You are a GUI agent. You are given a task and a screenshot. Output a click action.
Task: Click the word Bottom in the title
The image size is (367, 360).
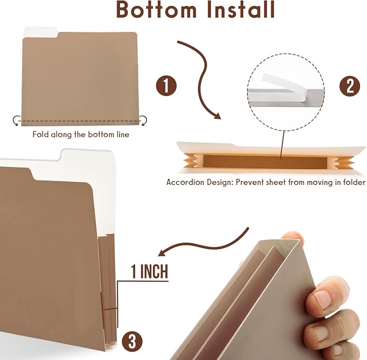pos(156,9)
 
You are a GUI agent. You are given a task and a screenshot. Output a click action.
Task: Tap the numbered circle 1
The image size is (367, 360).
pos(166,85)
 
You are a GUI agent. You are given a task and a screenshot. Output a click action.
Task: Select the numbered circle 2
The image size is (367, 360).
pos(350,86)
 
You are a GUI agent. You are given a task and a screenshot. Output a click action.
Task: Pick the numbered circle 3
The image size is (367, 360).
pos(132,342)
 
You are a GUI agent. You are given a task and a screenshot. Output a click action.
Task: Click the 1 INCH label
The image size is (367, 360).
pos(150,271)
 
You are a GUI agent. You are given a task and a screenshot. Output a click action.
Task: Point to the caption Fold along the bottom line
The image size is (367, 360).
pos(81,135)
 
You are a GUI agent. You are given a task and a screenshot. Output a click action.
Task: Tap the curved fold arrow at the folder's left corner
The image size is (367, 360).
pos(16,121)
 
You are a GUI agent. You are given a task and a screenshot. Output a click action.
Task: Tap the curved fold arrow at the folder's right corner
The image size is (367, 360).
pos(144,121)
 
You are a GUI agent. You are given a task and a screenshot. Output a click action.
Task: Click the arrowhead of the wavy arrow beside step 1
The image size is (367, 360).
pos(217,115)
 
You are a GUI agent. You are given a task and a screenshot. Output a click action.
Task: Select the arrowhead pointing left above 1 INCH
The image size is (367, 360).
pos(163,253)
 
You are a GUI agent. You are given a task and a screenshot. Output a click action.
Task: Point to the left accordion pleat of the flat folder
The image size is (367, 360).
pos(191,161)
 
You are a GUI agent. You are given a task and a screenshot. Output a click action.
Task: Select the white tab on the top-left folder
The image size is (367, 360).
pos(41,31)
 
